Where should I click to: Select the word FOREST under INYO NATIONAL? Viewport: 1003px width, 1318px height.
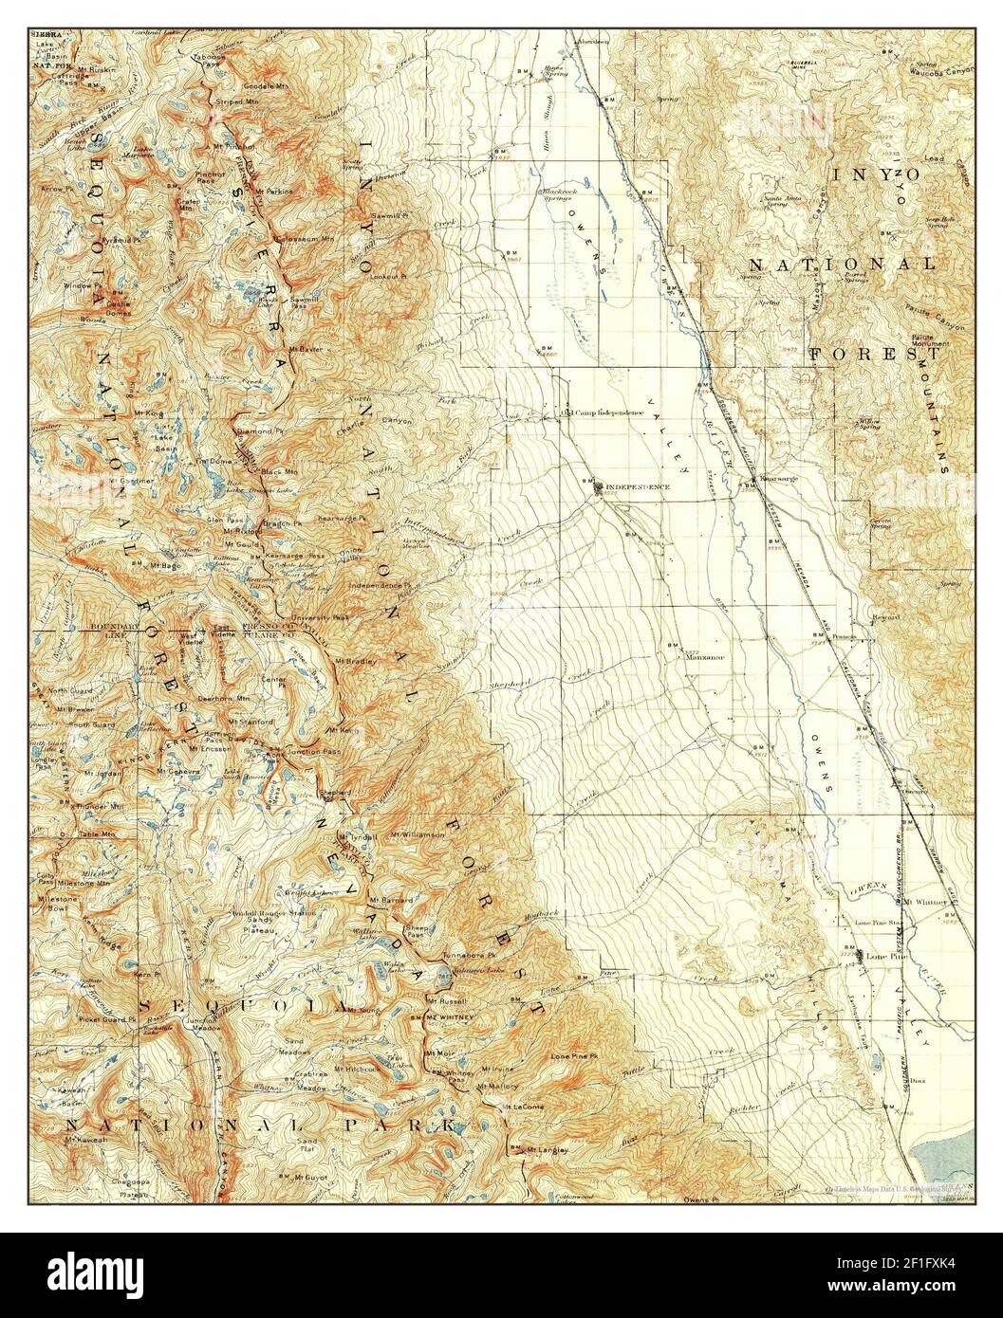coord(874,355)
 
